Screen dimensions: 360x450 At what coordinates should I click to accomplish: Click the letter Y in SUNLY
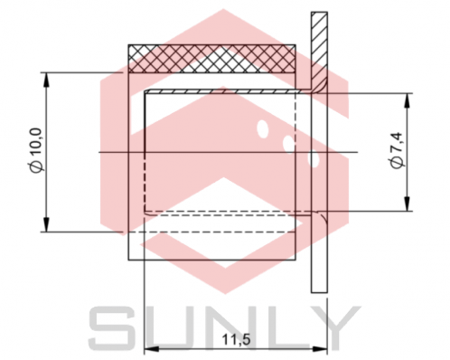[x=333, y=327]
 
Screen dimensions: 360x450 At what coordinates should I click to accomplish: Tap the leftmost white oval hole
[x=262, y=128]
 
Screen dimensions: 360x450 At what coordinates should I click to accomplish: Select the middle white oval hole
[x=288, y=143]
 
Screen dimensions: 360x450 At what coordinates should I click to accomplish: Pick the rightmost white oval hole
[x=314, y=159]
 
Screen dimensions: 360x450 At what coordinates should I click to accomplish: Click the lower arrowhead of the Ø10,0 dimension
[x=45, y=227]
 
